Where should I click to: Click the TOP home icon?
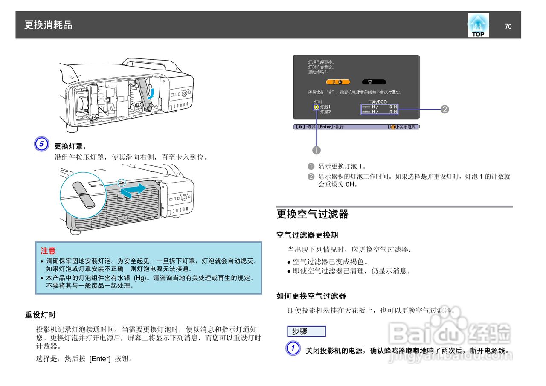478,26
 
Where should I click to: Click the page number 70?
508,26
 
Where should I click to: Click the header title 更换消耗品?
48,25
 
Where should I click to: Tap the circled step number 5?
41,144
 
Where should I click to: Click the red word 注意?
48,251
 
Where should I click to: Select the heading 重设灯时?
40,315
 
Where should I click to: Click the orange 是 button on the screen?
337,82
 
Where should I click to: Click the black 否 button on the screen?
374,82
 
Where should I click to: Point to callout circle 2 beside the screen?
444,109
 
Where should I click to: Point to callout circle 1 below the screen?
317,150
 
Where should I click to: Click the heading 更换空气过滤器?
312,214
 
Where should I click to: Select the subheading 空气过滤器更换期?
307,235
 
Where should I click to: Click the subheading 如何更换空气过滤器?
311,296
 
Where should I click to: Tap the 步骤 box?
306,331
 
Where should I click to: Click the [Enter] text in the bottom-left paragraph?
100,359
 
